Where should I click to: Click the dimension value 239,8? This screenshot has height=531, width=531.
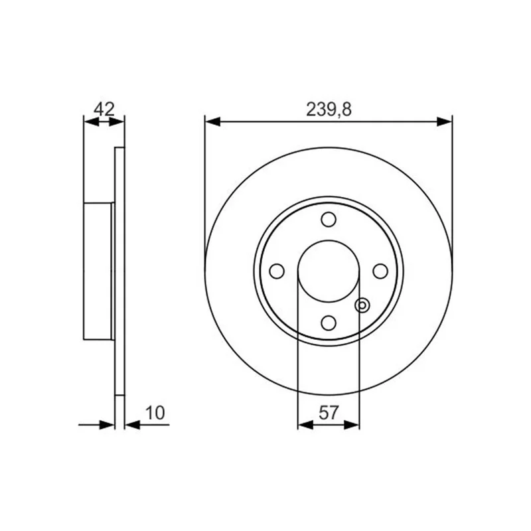[329, 110]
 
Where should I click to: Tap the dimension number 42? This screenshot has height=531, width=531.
[104, 109]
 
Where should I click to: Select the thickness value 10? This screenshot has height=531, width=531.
[155, 413]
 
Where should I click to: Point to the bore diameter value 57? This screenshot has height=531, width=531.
[329, 413]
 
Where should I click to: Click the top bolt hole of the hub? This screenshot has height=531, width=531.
[329, 220]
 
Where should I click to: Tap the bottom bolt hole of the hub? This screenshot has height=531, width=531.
[329, 323]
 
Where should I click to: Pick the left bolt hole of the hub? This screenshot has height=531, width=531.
[277, 271]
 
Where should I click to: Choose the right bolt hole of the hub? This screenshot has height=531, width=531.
[380, 271]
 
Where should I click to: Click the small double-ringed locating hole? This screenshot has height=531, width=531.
[362, 305]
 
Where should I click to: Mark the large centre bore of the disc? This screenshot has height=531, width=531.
[329, 271]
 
